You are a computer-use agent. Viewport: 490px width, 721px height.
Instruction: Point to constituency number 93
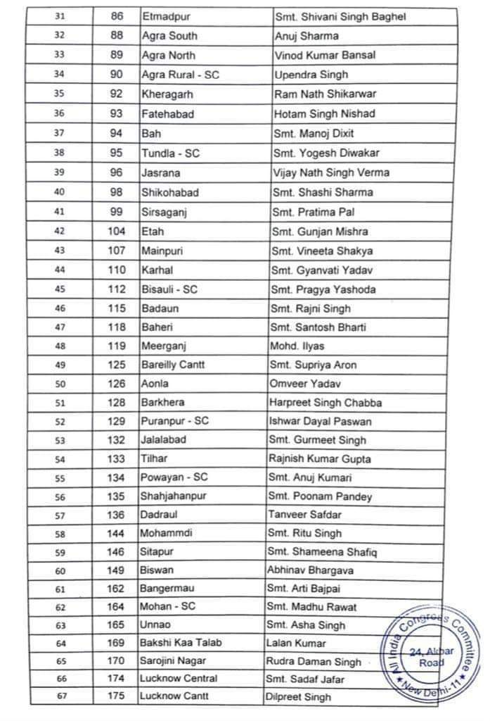click(117, 113)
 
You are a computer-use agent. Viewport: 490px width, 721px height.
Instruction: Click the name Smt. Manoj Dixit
click(313, 133)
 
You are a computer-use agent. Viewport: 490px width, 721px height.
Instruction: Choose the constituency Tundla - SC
click(170, 153)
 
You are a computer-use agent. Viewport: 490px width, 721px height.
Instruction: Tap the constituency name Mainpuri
click(162, 251)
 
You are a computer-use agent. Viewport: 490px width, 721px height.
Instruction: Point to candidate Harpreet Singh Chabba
click(325, 403)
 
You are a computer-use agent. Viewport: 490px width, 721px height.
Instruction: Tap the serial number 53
click(59, 440)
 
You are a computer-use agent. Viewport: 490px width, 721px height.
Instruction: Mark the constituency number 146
click(116, 552)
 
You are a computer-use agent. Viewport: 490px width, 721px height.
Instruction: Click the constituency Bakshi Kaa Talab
click(179, 643)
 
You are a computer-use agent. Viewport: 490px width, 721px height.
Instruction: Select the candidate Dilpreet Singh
click(299, 698)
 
